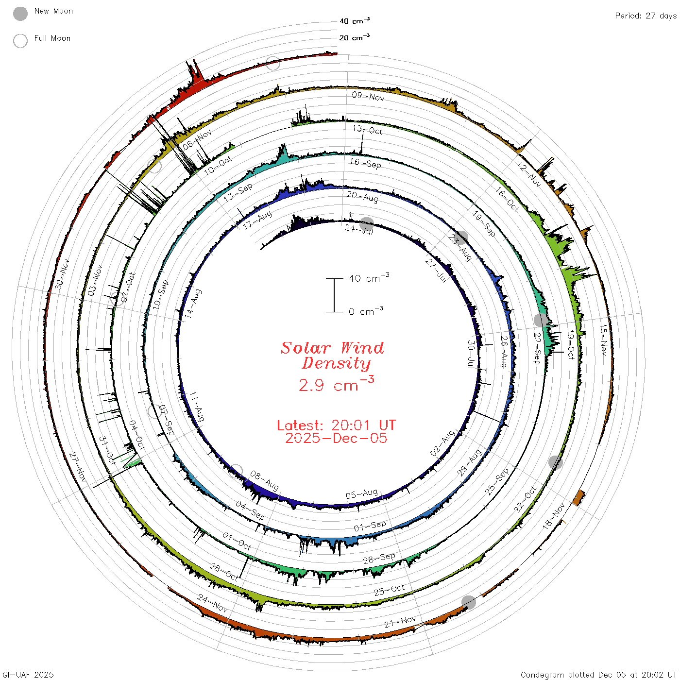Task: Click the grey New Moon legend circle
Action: click(20, 14)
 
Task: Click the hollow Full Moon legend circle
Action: click(20, 41)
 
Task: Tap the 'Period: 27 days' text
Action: click(646, 16)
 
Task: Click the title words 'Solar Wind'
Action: click(332, 348)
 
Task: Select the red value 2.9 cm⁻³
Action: click(336, 384)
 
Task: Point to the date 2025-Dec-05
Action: click(336, 438)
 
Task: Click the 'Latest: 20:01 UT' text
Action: click(336, 425)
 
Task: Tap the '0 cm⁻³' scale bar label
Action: click(366, 311)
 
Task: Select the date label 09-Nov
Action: click(368, 96)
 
